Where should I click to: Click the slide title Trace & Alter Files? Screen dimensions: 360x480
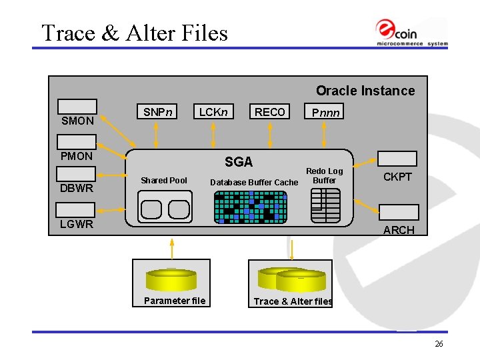coord(134,33)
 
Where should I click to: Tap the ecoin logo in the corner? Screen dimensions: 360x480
coord(411,32)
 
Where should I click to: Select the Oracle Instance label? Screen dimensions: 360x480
coord(365,91)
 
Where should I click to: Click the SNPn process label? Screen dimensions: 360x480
coord(158,112)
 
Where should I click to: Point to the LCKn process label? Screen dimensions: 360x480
coord(213,112)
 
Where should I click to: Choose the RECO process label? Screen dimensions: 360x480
coord(269,112)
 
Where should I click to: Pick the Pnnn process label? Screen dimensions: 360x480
coord(326,113)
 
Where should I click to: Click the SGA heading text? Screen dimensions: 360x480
coord(239,161)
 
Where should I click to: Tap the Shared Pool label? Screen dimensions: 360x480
coord(164,181)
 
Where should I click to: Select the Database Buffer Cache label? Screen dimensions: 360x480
coord(254,183)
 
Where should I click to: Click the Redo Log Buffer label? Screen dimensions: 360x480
coord(325,176)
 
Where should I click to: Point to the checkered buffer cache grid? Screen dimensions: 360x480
coord(249,207)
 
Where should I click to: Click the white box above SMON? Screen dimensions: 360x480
coord(77,107)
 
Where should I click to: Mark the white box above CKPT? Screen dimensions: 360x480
coord(397,159)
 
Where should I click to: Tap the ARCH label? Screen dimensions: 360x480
coord(399,230)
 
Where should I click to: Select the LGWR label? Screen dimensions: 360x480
coord(77,224)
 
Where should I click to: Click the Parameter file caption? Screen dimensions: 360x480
coord(175,301)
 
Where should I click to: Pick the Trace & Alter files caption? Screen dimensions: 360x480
coord(293,301)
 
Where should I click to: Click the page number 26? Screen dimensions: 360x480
coord(439,344)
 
